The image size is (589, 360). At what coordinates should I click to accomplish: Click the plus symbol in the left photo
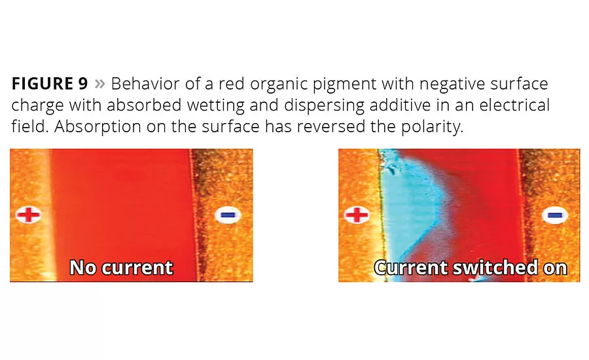29,215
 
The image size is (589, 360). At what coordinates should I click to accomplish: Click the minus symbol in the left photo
228,215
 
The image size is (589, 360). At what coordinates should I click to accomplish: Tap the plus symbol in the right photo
357,215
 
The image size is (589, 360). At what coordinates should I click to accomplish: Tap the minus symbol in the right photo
555,215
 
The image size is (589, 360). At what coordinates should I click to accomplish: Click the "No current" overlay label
121,268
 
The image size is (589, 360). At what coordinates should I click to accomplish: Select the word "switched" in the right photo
495,268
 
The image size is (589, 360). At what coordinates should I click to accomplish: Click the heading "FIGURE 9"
50,83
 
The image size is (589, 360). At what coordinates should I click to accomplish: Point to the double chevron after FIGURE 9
99,84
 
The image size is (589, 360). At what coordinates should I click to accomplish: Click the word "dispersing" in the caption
324,105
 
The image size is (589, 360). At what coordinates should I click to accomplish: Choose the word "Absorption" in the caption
98,126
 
